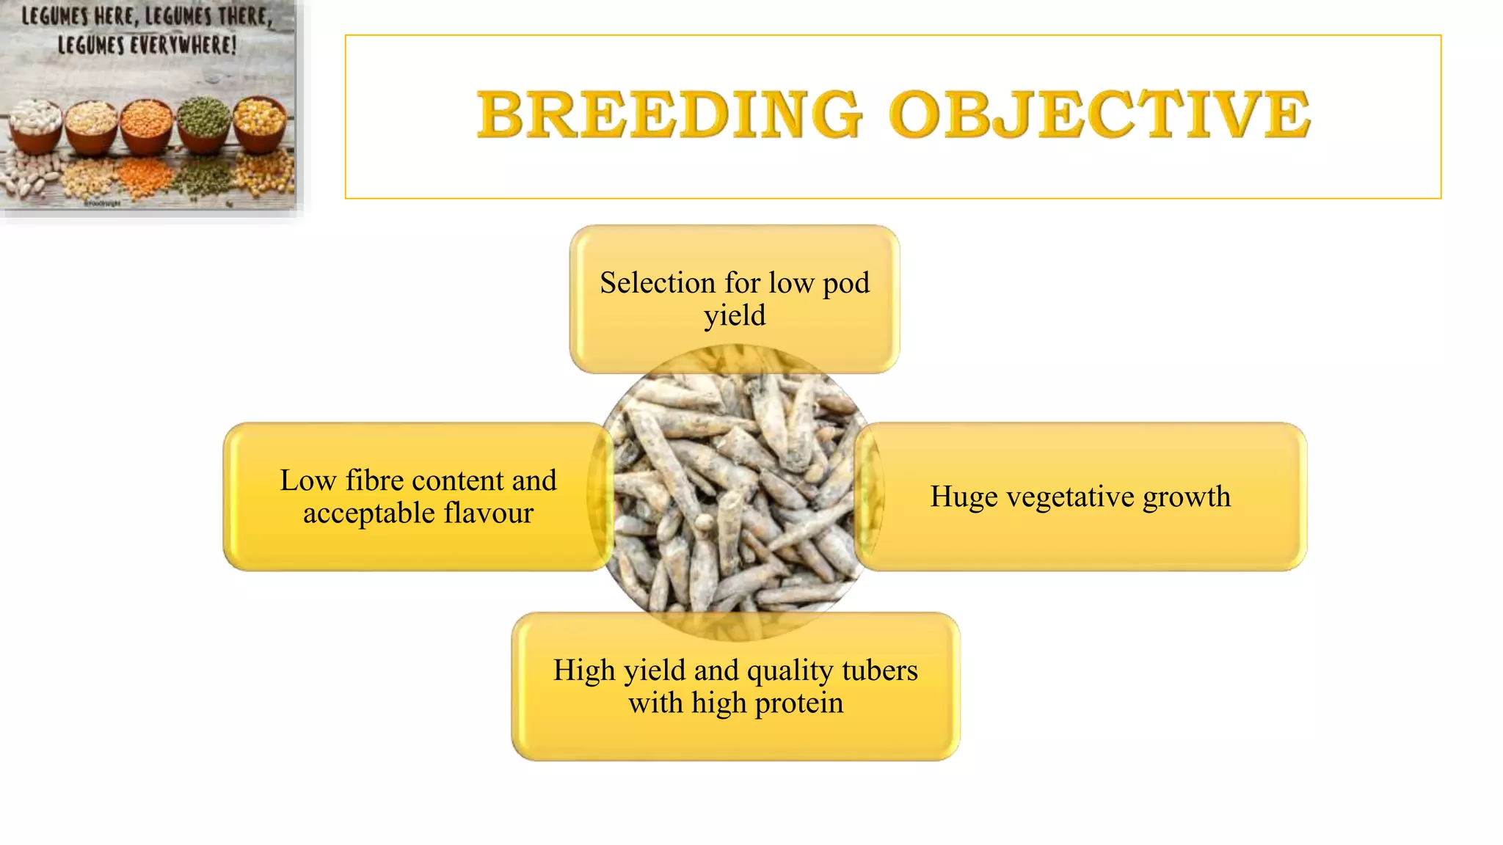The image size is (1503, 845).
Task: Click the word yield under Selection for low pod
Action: (x=735, y=316)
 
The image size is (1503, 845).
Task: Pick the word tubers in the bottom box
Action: (x=880, y=670)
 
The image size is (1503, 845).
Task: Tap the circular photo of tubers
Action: (x=734, y=493)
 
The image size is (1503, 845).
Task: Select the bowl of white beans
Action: (x=34, y=121)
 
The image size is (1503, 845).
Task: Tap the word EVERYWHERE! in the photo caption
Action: (x=183, y=45)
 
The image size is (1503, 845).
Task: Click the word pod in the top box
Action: (x=846, y=283)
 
